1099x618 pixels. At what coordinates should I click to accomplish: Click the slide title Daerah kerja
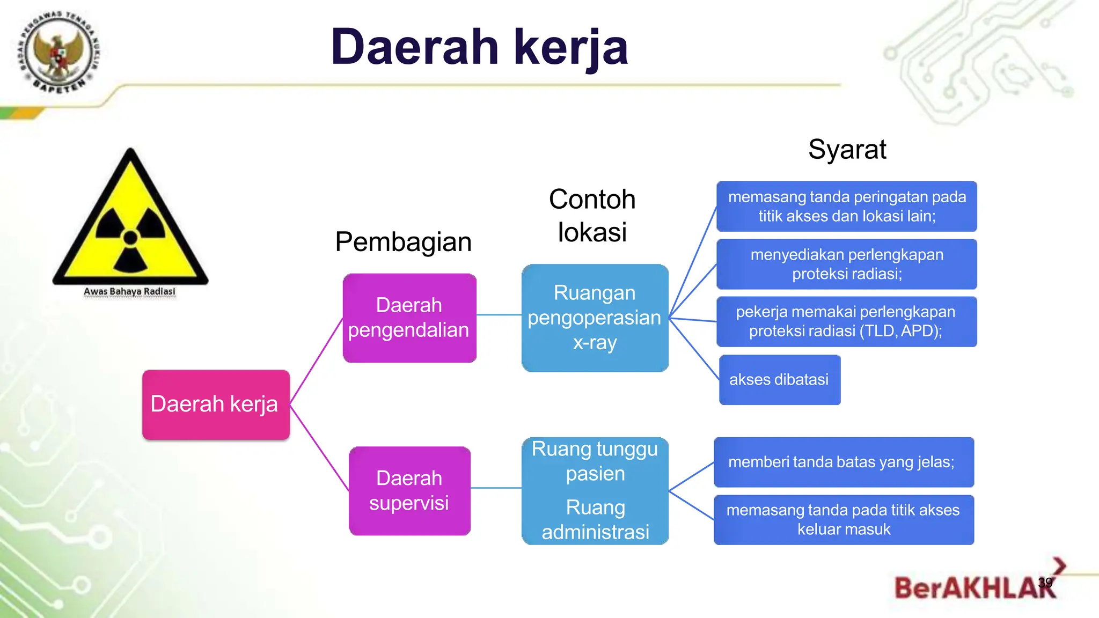479,47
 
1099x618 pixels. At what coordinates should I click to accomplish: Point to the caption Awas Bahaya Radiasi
129,291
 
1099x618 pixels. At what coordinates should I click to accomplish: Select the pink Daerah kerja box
216,404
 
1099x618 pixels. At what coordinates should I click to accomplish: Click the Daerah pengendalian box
409,318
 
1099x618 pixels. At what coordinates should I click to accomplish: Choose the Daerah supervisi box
409,490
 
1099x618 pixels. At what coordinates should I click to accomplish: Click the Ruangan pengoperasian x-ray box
595,318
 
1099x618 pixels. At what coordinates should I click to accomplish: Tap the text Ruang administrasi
595,519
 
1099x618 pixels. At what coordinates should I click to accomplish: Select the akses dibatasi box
779,379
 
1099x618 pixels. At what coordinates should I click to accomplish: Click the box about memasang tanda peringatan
846,207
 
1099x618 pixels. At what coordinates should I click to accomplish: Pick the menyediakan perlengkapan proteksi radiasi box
846,264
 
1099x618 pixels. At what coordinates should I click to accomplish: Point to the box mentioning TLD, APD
846,321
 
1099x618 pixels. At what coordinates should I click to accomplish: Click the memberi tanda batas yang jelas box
843,462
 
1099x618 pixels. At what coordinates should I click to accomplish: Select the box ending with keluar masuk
843,519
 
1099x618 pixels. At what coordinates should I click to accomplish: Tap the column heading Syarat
847,149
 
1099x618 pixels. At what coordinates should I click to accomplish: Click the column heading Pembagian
403,242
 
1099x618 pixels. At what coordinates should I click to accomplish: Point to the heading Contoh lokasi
592,216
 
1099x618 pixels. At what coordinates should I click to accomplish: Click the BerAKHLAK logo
974,587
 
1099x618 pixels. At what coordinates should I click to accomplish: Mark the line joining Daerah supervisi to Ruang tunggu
496,488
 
